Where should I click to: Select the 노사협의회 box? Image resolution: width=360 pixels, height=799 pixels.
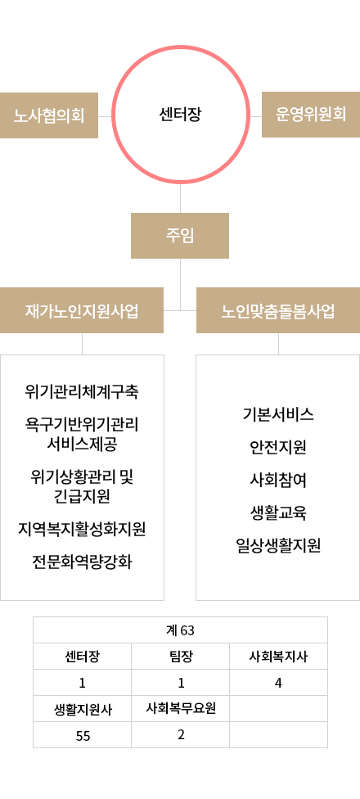coord(49,115)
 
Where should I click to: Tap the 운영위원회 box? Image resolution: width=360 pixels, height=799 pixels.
coord(311,115)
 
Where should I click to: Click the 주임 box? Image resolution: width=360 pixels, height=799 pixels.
coord(180,236)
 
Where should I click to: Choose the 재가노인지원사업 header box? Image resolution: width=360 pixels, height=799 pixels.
coord(82,310)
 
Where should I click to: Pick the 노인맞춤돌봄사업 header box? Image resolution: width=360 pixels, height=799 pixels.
coord(278,310)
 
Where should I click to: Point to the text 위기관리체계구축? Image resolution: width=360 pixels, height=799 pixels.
coord(82,392)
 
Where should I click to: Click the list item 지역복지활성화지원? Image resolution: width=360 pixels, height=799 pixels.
coord(82,529)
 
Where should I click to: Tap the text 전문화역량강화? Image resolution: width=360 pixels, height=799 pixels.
coord(82,562)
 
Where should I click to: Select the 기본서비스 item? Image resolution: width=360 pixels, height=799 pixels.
coord(278,415)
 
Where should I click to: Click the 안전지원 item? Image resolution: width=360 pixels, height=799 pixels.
coord(278,448)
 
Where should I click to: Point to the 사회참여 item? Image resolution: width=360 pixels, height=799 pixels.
coord(278,480)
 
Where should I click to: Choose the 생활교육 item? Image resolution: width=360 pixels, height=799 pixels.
coord(278,512)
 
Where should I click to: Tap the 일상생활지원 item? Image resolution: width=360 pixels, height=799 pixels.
coord(278,546)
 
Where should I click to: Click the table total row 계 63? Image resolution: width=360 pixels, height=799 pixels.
coord(180,630)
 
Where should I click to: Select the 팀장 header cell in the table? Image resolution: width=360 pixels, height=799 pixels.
coord(181,657)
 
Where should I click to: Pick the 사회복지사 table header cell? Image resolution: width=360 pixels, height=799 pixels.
coord(278,657)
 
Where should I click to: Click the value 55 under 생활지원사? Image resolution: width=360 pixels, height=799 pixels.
coord(83,736)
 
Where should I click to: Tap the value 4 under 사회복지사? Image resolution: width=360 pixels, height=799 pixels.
coord(278,683)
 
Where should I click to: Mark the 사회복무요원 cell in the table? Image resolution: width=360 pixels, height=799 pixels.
coord(181,708)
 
